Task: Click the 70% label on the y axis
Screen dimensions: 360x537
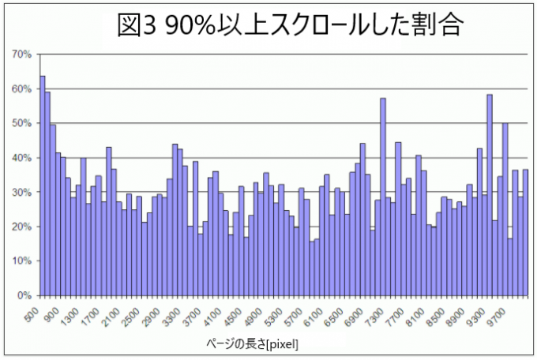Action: pyautogui.click(x=21, y=54)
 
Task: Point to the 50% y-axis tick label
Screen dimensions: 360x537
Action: pyautogui.click(x=21, y=123)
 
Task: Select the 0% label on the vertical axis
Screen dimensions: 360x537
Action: pyautogui.click(x=24, y=295)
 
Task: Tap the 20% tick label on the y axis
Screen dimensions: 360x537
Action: pyautogui.click(x=21, y=227)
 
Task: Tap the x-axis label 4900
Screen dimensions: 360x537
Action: pyautogui.click(x=253, y=311)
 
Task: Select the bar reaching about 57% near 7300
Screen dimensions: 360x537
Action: pyautogui.click(x=383, y=197)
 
